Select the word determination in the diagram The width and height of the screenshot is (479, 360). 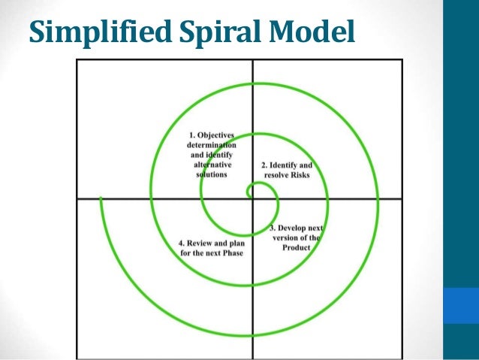click(212, 144)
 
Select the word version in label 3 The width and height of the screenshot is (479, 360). click(286, 237)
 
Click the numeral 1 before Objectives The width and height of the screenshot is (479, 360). click(189, 134)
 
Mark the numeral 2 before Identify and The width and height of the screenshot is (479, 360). click(264, 164)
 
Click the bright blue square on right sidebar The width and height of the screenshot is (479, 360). click(461, 305)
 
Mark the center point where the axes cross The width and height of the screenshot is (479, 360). click(252, 198)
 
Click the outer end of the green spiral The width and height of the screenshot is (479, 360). click(100, 200)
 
